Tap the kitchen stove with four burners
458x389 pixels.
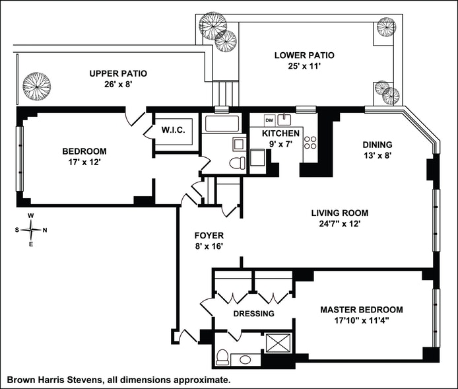pyautogui.click(x=310, y=145)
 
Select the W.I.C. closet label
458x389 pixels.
pyautogui.click(x=177, y=130)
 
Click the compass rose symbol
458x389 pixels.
pyautogui.click(x=32, y=230)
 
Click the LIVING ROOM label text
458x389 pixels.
pyautogui.click(x=340, y=213)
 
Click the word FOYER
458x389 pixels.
pyautogui.click(x=209, y=235)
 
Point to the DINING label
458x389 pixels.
pyautogui.click(x=377, y=145)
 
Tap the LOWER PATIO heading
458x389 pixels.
pyautogui.click(x=300, y=55)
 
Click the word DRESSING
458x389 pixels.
pyautogui.click(x=253, y=314)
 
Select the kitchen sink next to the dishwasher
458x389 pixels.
pyautogui.click(x=286, y=120)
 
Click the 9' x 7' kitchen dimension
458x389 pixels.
pyautogui.click(x=284, y=143)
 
